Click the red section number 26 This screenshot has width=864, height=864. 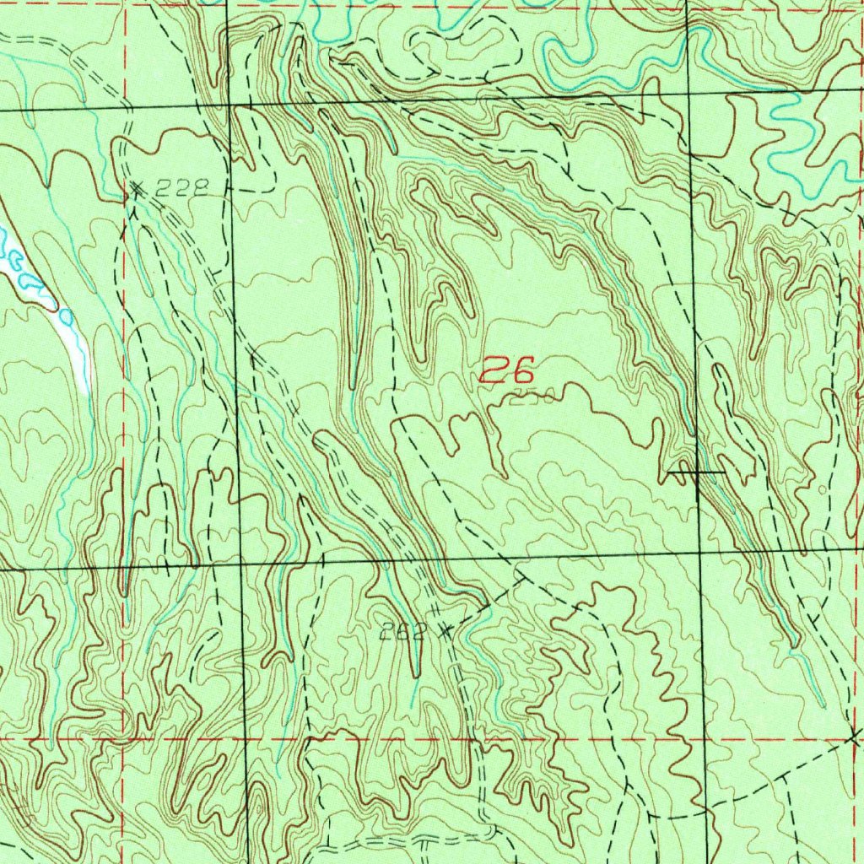click(x=508, y=370)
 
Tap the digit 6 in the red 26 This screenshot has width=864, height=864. click(x=522, y=370)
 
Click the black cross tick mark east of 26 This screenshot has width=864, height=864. click(x=696, y=472)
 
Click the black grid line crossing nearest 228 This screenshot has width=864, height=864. click(x=231, y=105)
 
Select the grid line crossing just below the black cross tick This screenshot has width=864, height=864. click(x=699, y=553)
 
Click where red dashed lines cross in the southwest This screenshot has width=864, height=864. click(x=124, y=739)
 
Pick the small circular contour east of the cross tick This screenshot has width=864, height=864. click(x=823, y=489)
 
